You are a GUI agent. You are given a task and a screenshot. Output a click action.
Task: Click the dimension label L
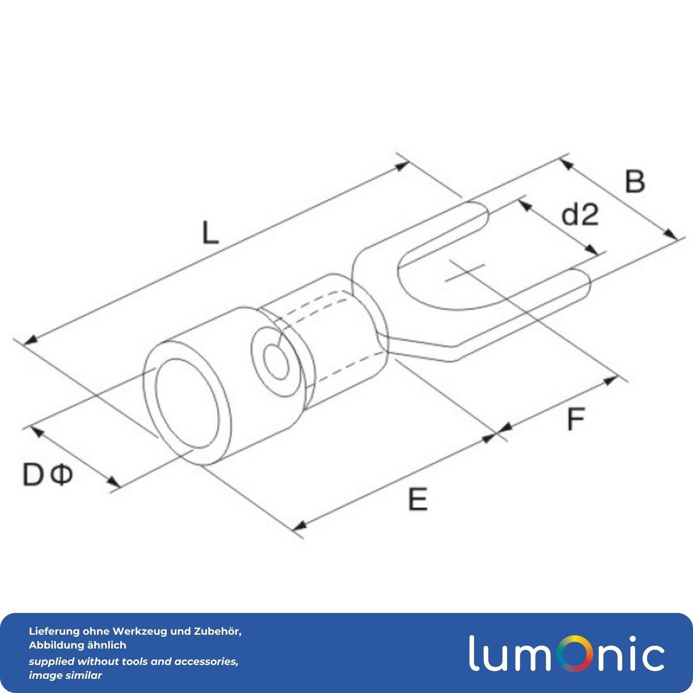[210, 233]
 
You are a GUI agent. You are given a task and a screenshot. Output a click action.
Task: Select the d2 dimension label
[580, 215]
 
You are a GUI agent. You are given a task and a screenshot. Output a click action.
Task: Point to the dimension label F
[576, 418]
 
